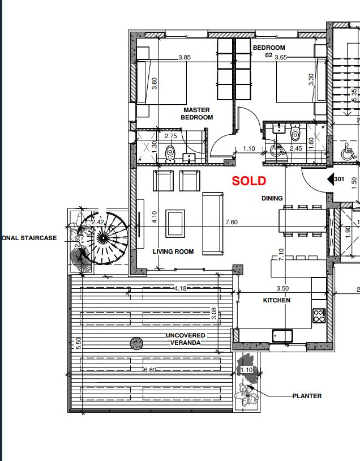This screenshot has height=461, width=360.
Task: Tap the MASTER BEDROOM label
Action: point(196,114)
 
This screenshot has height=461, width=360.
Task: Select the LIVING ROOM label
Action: point(173,251)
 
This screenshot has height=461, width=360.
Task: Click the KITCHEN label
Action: point(276,300)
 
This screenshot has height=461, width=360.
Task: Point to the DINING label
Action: point(272,198)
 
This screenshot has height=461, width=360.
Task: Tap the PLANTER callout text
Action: point(307,396)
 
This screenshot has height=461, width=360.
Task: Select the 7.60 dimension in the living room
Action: point(231,223)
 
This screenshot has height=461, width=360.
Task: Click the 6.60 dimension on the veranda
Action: point(150,370)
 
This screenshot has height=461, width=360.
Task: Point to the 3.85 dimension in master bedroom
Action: point(184,57)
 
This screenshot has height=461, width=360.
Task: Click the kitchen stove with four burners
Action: point(319,315)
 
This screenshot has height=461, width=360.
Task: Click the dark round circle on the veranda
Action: point(136,343)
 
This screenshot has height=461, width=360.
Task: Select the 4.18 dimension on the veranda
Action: point(180,288)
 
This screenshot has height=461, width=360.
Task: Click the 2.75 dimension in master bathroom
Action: point(171,136)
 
